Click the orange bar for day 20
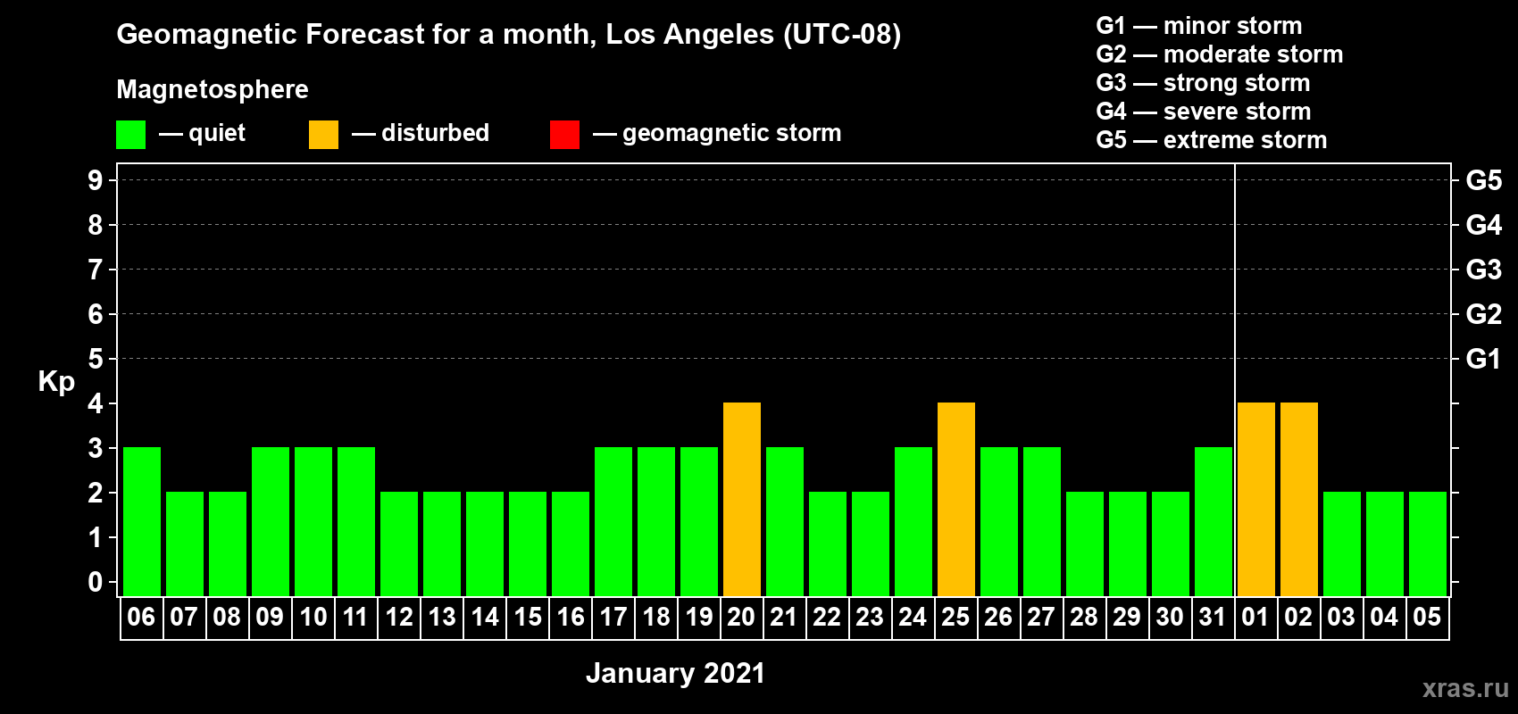click(x=741, y=499)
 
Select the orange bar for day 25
click(x=956, y=499)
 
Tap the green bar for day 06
click(x=142, y=521)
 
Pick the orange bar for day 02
click(x=1299, y=499)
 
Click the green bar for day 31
click(x=1213, y=521)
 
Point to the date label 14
click(x=485, y=617)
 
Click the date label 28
click(x=1084, y=617)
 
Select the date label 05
click(x=1427, y=617)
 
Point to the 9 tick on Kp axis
click(x=95, y=180)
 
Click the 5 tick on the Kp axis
click(x=95, y=359)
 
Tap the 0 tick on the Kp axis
click(x=95, y=582)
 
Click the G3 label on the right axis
click(x=1483, y=270)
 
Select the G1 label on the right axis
click(x=1483, y=359)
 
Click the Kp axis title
click(x=56, y=382)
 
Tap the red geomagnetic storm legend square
click(x=564, y=134)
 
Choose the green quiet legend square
click(x=130, y=134)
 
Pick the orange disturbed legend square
click(x=323, y=134)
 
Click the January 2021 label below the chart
click(x=676, y=673)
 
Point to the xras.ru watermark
click(x=1465, y=688)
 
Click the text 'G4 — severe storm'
click(x=1204, y=111)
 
